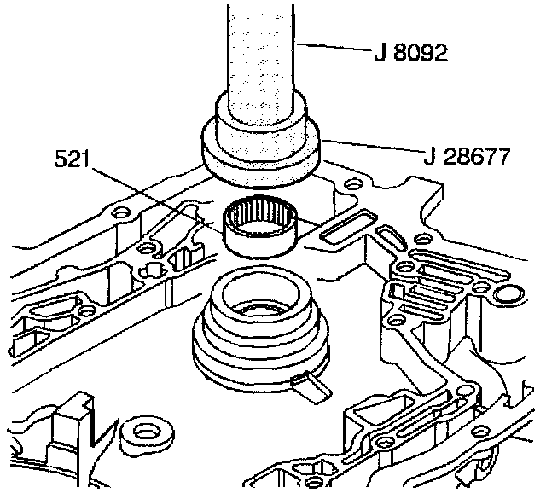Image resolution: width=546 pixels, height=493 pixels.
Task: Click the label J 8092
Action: (x=411, y=53)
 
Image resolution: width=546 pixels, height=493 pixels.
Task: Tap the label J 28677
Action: (x=467, y=156)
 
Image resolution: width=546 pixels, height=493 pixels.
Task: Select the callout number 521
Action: (x=72, y=159)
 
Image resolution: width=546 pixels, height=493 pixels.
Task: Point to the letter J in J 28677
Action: (x=429, y=157)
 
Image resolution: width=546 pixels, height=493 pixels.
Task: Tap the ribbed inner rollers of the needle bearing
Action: (x=260, y=214)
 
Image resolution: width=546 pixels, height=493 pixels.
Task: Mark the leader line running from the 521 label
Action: (x=157, y=198)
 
